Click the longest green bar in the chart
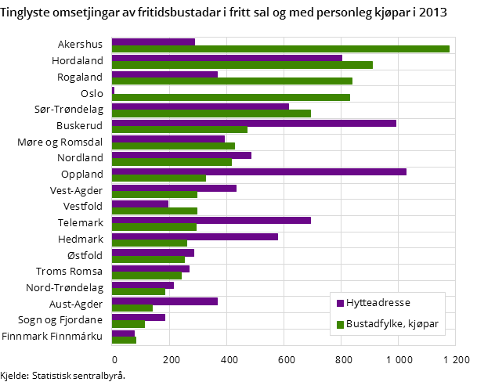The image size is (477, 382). tap(280, 49)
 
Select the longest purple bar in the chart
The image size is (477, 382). tap(258, 171)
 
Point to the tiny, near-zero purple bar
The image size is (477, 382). tap(113, 91)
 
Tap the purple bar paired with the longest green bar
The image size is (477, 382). tap(154, 42)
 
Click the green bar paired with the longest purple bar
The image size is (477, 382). tap(159, 178)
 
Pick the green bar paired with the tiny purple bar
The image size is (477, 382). tap(231, 98)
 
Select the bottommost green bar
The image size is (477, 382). tap(124, 341)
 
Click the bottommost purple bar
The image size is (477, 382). tap(123, 333)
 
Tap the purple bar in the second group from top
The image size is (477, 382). tap(227, 58)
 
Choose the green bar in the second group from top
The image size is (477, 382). tap(242, 65)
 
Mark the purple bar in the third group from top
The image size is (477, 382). tap(164, 74)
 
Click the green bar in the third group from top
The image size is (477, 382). tap(232, 81)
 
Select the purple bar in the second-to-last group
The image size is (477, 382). tap(139, 317)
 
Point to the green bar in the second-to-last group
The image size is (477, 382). tap(128, 324)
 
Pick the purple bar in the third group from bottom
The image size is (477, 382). tap(164, 301)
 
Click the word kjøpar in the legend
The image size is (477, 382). tap(423, 324)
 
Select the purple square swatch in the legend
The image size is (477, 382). tap(340, 304)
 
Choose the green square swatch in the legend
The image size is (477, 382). tap(340, 325)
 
